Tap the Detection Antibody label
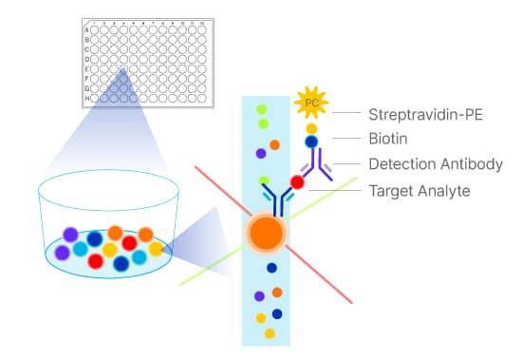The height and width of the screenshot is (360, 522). [435, 164]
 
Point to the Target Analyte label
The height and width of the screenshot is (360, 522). [419, 191]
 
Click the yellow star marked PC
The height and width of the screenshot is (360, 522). [311, 101]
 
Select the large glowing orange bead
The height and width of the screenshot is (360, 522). [267, 232]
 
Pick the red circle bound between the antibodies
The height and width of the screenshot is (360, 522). [297, 182]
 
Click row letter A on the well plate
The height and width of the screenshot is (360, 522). [87, 30]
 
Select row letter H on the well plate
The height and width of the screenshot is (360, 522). [87, 98]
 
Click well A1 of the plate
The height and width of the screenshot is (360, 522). [97, 30]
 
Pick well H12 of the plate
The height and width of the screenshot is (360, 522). [200, 98]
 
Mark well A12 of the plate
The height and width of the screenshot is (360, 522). [200, 30]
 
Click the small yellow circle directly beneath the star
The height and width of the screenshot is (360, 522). [310, 127]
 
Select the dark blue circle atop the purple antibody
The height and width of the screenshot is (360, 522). [310, 142]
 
